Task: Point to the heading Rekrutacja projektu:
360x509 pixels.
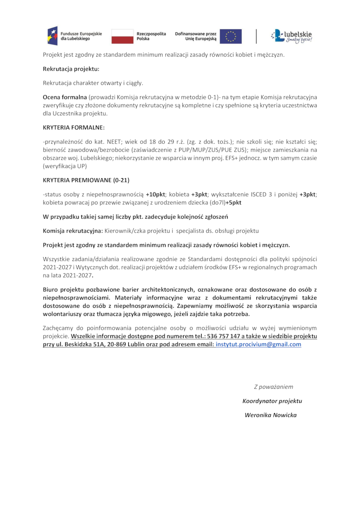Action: (x=71, y=69)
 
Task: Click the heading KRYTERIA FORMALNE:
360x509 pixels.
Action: (x=73, y=127)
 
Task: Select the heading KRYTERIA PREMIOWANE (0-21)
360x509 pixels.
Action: (x=86, y=180)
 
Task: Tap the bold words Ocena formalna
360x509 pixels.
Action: (x=65, y=97)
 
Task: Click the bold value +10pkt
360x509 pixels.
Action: (x=156, y=194)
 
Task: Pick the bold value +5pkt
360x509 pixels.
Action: (x=233, y=203)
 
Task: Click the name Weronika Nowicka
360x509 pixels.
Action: (x=270, y=415)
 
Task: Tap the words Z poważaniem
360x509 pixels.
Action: (x=273, y=387)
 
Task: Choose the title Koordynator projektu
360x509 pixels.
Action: (x=272, y=401)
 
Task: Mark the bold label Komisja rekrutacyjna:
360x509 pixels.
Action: (x=72, y=231)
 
